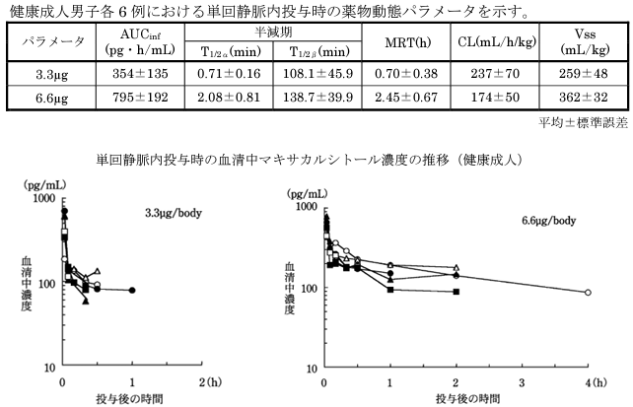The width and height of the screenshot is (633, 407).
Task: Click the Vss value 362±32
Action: pos(575,98)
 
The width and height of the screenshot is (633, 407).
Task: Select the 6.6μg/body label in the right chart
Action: pos(548,221)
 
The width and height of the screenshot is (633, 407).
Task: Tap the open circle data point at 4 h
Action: pos(588,293)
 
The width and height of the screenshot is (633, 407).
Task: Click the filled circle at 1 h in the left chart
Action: pos(132,290)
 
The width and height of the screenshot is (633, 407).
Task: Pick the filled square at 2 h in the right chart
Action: pos(457,291)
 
